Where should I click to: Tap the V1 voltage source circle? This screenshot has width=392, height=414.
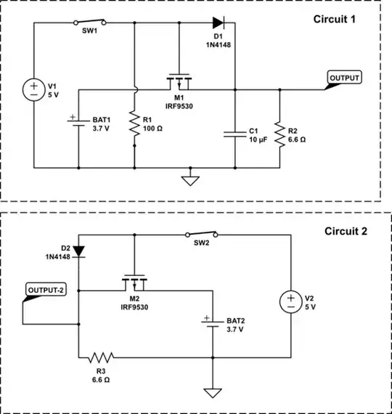[34, 91]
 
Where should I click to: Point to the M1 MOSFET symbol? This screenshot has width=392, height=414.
[178, 80]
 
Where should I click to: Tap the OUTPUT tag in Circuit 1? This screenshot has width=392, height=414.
[343, 77]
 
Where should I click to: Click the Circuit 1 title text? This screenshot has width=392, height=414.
[334, 19]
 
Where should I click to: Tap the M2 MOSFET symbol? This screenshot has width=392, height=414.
[135, 280]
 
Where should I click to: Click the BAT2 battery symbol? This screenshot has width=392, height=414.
[213, 324]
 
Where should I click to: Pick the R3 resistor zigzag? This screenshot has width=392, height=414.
[101, 357]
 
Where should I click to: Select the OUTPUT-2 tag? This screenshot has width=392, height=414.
[46, 291]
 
